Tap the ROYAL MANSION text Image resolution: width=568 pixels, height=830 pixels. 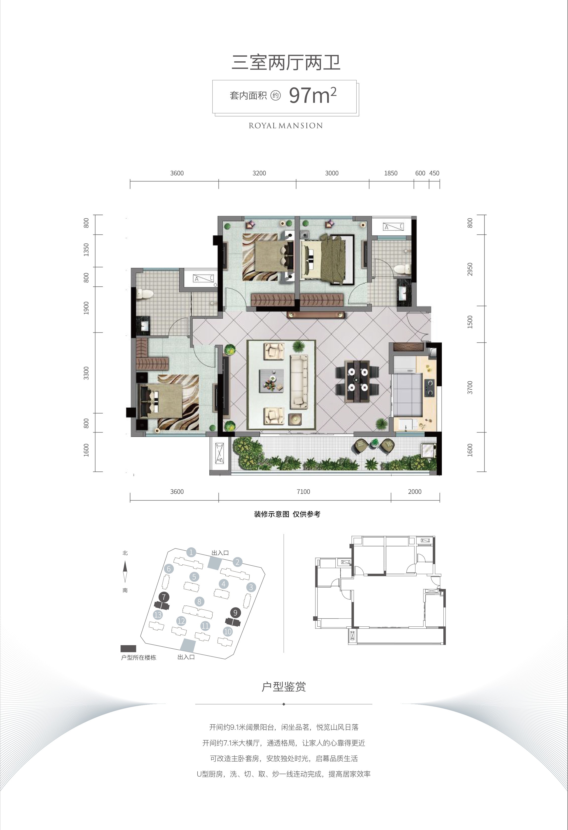[x=286, y=126]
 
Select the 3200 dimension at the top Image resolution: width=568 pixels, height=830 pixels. [x=259, y=173]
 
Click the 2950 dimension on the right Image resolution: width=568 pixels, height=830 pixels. [x=470, y=269]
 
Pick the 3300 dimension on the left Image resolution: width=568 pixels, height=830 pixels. [x=86, y=373]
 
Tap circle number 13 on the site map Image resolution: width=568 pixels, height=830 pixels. [x=158, y=615]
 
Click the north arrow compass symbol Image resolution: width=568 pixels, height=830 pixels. [x=125, y=571]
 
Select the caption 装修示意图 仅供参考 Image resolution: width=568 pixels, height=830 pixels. [x=287, y=514]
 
